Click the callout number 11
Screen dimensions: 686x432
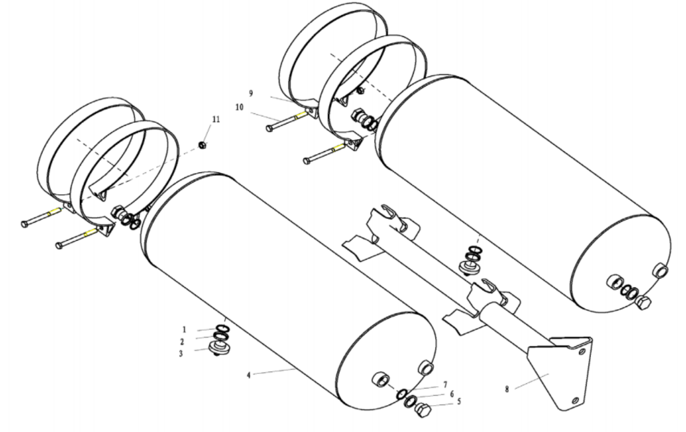pyautogui.click(x=216, y=119)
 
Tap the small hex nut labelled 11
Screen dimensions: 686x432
pyautogui.click(x=202, y=145)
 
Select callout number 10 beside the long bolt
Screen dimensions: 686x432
pyautogui.click(x=240, y=107)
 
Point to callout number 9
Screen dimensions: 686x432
pyautogui.click(x=251, y=94)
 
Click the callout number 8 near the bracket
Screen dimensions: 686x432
pyautogui.click(x=507, y=389)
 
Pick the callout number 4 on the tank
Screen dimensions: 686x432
pyautogui.click(x=249, y=375)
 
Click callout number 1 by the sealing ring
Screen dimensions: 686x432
pyautogui.click(x=184, y=330)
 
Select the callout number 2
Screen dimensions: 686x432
pyautogui.click(x=182, y=342)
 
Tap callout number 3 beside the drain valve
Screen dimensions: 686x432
pyautogui.click(x=181, y=354)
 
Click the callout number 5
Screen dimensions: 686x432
pyautogui.click(x=459, y=401)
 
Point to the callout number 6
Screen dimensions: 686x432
pyautogui.click(x=452, y=394)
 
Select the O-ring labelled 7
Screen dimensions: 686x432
pyautogui.click(x=401, y=394)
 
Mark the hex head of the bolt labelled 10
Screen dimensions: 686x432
pyautogui.click(x=269, y=129)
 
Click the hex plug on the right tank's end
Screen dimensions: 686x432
pyautogui.click(x=643, y=302)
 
